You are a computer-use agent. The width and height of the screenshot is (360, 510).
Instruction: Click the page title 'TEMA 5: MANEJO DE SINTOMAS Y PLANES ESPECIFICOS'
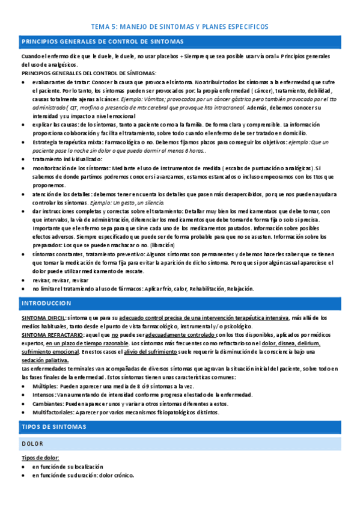pyautogui.click(x=180, y=27)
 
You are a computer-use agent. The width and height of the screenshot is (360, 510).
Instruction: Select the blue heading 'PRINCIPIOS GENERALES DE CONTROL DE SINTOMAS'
pyautogui.click(x=102, y=41)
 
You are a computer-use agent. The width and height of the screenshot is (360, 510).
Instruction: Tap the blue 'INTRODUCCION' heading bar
pyautogui.click(x=47, y=303)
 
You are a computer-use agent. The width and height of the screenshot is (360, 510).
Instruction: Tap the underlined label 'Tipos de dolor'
pyautogui.click(x=39, y=458)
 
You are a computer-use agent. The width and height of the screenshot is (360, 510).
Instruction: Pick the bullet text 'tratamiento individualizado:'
pyautogui.click(x=67, y=159)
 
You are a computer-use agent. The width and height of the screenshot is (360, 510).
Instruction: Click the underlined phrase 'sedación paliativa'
pyautogui.click(x=45, y=360)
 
